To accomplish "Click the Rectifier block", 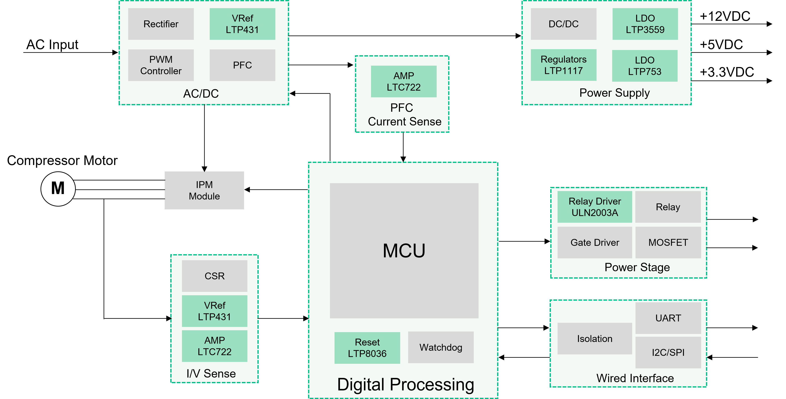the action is (161, 24).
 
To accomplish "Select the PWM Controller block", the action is (161, 65).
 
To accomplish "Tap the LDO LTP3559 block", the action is (645, 24).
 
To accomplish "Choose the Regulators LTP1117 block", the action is (564, 65).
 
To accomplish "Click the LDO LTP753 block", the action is (645, 66).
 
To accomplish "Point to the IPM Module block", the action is (204, 190).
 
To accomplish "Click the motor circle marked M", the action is (58, 189).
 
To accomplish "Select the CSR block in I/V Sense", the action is (214, 276).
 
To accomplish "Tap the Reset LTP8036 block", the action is (367, 348).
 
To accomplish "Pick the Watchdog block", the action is (441, 347).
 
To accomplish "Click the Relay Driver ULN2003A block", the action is (595, 207).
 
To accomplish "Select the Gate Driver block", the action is (595, 243).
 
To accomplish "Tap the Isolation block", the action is (595, 339).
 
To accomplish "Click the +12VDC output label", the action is (725, 16).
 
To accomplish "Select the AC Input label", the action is (53, 45).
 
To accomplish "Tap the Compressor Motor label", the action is (62, 160).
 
